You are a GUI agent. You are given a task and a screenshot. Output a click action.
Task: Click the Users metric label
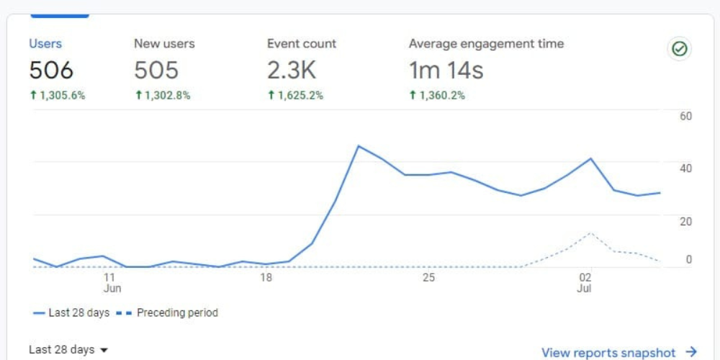click(45, 44)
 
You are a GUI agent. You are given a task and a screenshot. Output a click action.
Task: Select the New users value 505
click(156, 71)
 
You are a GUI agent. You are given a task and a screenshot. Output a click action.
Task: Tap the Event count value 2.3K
click(292, 71)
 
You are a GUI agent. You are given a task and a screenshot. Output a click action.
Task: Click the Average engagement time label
click(486, 44)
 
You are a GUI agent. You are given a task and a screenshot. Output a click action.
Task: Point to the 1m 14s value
click(446, 71)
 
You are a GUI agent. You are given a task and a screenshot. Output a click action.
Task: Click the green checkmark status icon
click(680, 49)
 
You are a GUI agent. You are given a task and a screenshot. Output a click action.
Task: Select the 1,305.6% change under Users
click(58, 96)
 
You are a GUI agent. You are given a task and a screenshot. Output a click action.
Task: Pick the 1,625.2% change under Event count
click(295, 96)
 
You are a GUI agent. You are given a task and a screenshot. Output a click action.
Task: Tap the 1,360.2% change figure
click(437, 96)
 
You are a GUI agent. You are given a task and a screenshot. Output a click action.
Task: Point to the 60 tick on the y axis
click(685, 116)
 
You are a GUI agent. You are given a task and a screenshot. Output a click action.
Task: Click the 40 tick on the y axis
click(685, 168)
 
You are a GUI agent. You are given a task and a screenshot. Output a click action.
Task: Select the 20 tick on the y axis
click(685, 221)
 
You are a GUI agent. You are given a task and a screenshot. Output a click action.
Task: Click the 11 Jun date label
click(111, 283)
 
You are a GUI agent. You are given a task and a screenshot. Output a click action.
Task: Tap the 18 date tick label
click(266, 278)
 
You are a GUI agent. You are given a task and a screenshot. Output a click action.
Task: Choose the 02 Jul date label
click(585, 283)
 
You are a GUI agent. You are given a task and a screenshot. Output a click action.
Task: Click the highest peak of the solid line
click(358, 146)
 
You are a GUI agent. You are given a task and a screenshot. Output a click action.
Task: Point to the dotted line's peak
click(591, 233)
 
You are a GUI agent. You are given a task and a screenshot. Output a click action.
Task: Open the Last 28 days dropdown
click(68, 350)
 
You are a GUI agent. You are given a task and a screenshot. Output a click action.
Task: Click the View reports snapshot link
click(619, 352)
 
